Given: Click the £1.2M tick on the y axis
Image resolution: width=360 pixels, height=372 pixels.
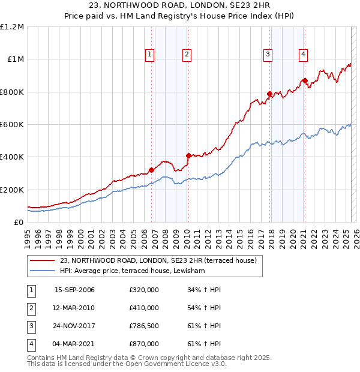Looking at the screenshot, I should [12, 27].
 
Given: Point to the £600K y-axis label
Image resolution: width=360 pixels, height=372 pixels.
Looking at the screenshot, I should [12, 125].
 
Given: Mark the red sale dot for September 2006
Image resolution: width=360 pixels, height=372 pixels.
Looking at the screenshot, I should [152, 170].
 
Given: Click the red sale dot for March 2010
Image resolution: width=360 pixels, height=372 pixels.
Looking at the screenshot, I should [188, 155].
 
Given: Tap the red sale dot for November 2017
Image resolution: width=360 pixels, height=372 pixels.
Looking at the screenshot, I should [270, 94].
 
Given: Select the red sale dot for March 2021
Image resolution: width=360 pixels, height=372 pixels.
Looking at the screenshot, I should [305, 80].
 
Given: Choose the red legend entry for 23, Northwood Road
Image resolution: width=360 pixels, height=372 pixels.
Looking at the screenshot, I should [158, 260].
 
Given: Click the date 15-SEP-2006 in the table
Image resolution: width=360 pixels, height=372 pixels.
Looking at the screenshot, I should [74, 290].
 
